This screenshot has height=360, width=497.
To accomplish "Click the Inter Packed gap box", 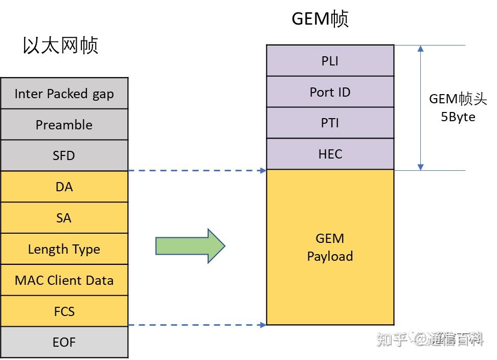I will (x=64, y=94).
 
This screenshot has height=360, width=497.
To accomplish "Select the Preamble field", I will (x=64, y=125).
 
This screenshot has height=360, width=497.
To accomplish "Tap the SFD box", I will (x=64, y=156).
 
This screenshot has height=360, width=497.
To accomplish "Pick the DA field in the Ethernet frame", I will (x=64, y=187).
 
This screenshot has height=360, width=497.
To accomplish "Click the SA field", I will (x=64, y=218).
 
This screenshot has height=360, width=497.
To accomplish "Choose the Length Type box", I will (x=64, y=250).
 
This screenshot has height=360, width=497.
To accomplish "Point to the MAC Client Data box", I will (x=64, y=280).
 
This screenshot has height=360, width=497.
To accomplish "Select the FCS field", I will (x=64, y=311).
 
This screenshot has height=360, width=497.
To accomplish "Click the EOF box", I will (x=64, y=342).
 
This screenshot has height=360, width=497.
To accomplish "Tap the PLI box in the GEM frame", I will (x=330, y=61).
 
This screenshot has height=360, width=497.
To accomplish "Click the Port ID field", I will (x=330, y=92).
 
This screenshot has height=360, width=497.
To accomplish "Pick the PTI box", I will (x=330, y=123).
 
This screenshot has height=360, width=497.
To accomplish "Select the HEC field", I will (x=330, y=154).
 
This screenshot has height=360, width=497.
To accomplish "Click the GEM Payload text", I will (x=330, y=247).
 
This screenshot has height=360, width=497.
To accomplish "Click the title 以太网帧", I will (x=60, y=45).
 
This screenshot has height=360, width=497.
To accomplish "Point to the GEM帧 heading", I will (x=320, y=18).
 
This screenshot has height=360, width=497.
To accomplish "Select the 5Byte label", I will (x=458, y=117).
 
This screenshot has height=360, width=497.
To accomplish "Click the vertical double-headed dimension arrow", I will (x=421, y=108).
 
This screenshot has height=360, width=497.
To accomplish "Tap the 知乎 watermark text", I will (x=392, y=339).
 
